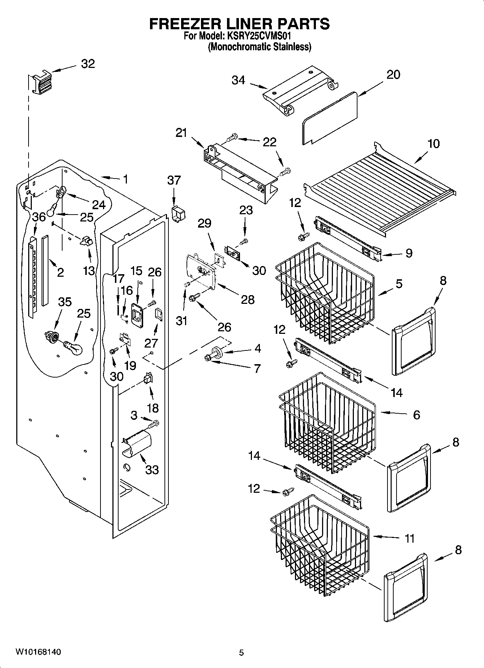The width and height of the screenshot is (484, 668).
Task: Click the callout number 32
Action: [x=88, y=64]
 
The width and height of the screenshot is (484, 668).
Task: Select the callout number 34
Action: [x=239, y=80]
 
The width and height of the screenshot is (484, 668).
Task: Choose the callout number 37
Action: [x=174, y=180]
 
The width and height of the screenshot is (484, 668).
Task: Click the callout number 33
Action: [x=152, y=470]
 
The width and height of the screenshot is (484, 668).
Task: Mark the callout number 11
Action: [x=409, y=539]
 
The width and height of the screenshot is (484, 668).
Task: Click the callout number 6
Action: [x=416, y=415]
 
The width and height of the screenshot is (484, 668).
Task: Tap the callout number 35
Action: [x=65, y=302]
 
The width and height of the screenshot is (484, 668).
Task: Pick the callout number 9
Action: [x=409, y=253]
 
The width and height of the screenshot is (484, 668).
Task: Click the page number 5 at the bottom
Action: [x=241, y=652]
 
